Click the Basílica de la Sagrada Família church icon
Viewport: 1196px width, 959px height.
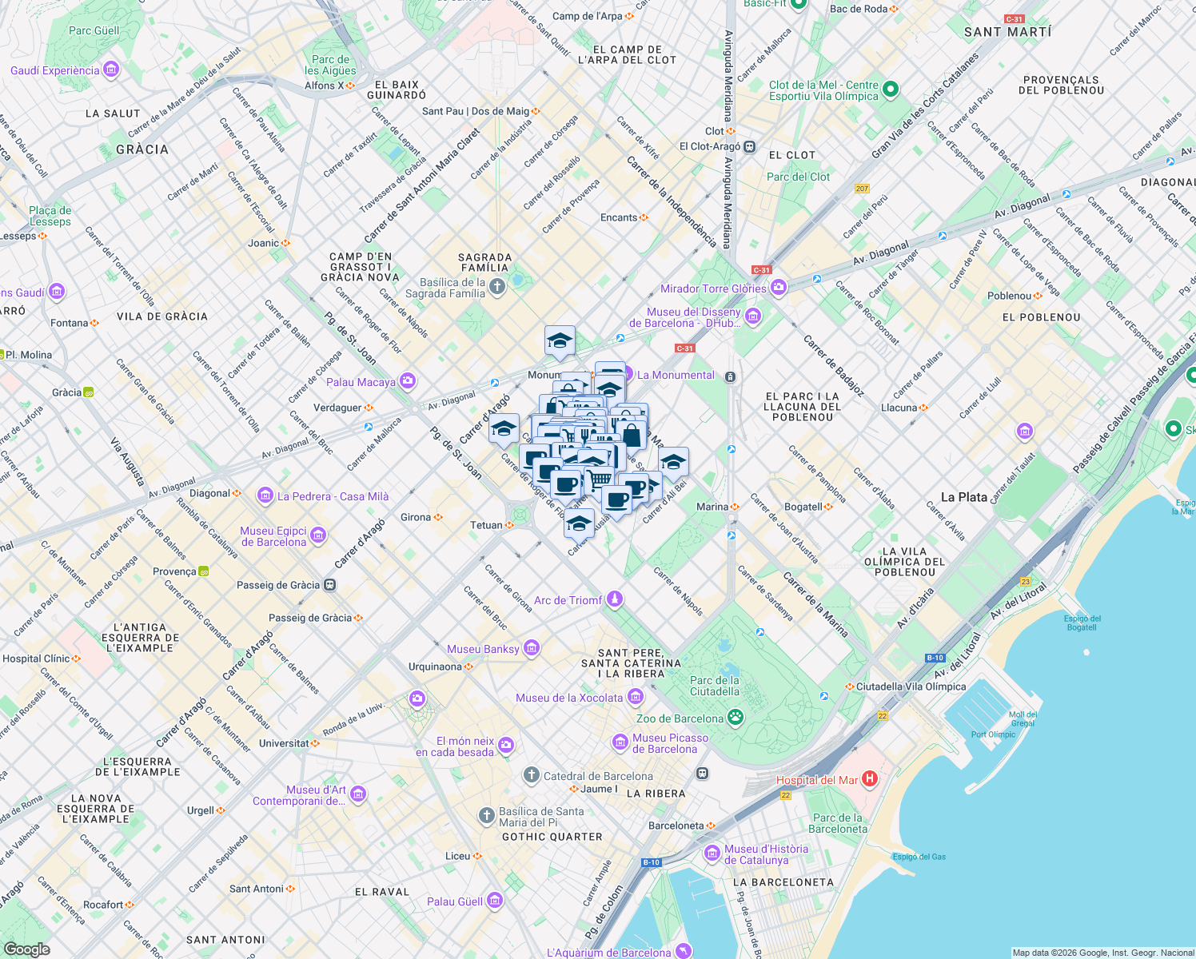[x=497, y=287]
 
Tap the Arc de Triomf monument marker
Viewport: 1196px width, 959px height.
[x=614, y=599]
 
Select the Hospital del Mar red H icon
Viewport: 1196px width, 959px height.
[x=870, y=778]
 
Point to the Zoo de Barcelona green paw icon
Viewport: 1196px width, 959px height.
[x=735, y=717]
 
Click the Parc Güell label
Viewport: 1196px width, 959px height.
[x=94, y=31]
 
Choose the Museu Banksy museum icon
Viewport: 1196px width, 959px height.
[x=532, y=648]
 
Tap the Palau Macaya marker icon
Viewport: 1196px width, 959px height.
[x=408, y=380]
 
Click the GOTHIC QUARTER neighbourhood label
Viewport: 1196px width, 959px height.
[x=552, y=837]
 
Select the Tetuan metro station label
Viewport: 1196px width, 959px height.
[x=486, y=525]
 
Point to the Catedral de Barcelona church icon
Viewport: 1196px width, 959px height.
[x=532, y=775]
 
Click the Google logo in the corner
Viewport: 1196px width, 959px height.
[x=26, y=949]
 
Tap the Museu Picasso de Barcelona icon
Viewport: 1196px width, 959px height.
[x=620, y=743]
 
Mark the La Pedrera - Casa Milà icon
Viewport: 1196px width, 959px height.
[x=265, y=496]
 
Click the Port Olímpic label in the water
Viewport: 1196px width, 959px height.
[x=993, y=734]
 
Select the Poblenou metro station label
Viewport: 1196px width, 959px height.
[x=1009, y=296]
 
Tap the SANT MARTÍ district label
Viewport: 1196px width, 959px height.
[x=1007, y=32]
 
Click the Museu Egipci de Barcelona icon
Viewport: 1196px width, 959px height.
[x=318, y=535]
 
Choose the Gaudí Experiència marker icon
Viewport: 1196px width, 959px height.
[x=111, y=70]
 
